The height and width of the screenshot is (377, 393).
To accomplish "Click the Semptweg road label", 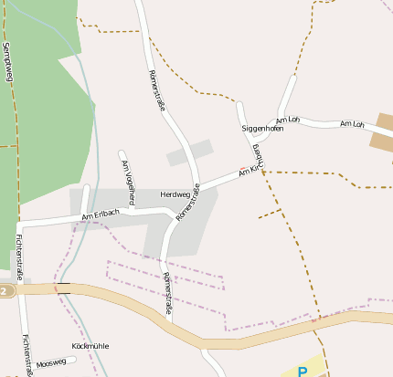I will coord(9,63).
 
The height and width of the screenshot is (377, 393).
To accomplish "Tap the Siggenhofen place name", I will coord(262,129).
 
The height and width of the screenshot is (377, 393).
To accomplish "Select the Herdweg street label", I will coord(175,194).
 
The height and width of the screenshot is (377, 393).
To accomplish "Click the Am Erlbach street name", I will coord(101,215).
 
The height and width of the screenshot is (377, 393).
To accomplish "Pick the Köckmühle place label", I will coord(90,346).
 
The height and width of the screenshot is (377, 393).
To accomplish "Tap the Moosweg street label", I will coord(51,362).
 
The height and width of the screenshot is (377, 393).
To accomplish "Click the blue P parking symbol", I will coord(303,371).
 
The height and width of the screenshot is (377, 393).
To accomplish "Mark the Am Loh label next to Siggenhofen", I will coord(288,120).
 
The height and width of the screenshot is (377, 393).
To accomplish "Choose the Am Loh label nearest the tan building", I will coord(351,123).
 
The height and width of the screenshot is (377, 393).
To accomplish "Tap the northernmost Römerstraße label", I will coord(156,91).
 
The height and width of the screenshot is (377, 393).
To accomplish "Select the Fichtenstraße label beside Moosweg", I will coord(27,353).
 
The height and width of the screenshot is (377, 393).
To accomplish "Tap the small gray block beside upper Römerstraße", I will coord(189,152).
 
